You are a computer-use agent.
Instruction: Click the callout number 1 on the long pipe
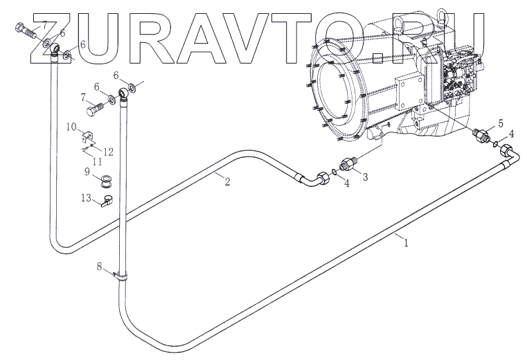[x=406, y=243]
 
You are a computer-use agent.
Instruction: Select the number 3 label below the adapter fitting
[x=364, y=177]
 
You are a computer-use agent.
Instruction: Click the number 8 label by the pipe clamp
[x=100, y=266]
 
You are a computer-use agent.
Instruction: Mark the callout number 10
[x=71, y=126]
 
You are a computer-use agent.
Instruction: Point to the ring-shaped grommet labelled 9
[x=107, y=182]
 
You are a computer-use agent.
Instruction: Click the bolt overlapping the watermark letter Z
[x=26, y=30]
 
